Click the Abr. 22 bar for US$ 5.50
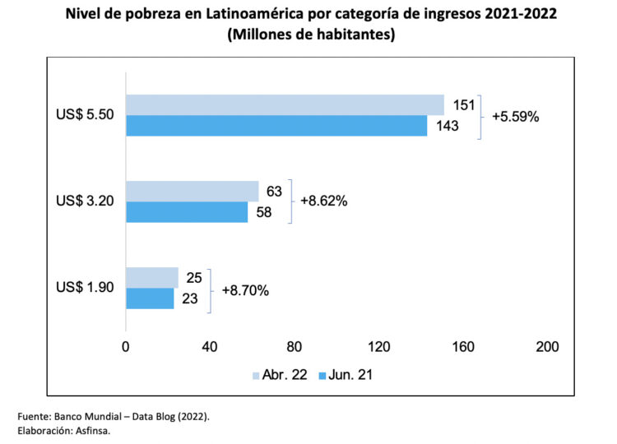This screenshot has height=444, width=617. [285, 105]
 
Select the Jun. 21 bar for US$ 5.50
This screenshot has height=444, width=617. [276, 126]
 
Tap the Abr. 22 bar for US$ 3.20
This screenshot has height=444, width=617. [192, 192]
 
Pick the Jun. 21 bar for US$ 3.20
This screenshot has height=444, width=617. [187, 212]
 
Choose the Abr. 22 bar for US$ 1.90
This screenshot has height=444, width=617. [151, 278]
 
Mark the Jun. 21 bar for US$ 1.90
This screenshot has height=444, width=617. [150, 298]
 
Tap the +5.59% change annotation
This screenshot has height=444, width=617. [515, 117]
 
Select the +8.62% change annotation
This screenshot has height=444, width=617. [323, 201]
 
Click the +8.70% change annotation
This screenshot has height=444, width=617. [244, 289]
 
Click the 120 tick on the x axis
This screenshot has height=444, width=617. [379, 346]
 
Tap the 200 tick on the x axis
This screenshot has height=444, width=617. [547, 346]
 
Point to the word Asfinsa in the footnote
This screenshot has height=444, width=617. [91, 431]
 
